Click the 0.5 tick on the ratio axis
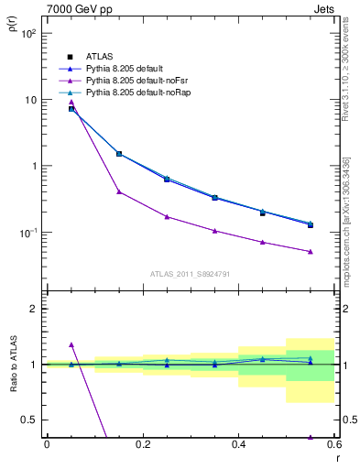pos(29,420)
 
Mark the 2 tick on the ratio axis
pos(33,309)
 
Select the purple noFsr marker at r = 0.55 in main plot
pos(311,251)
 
